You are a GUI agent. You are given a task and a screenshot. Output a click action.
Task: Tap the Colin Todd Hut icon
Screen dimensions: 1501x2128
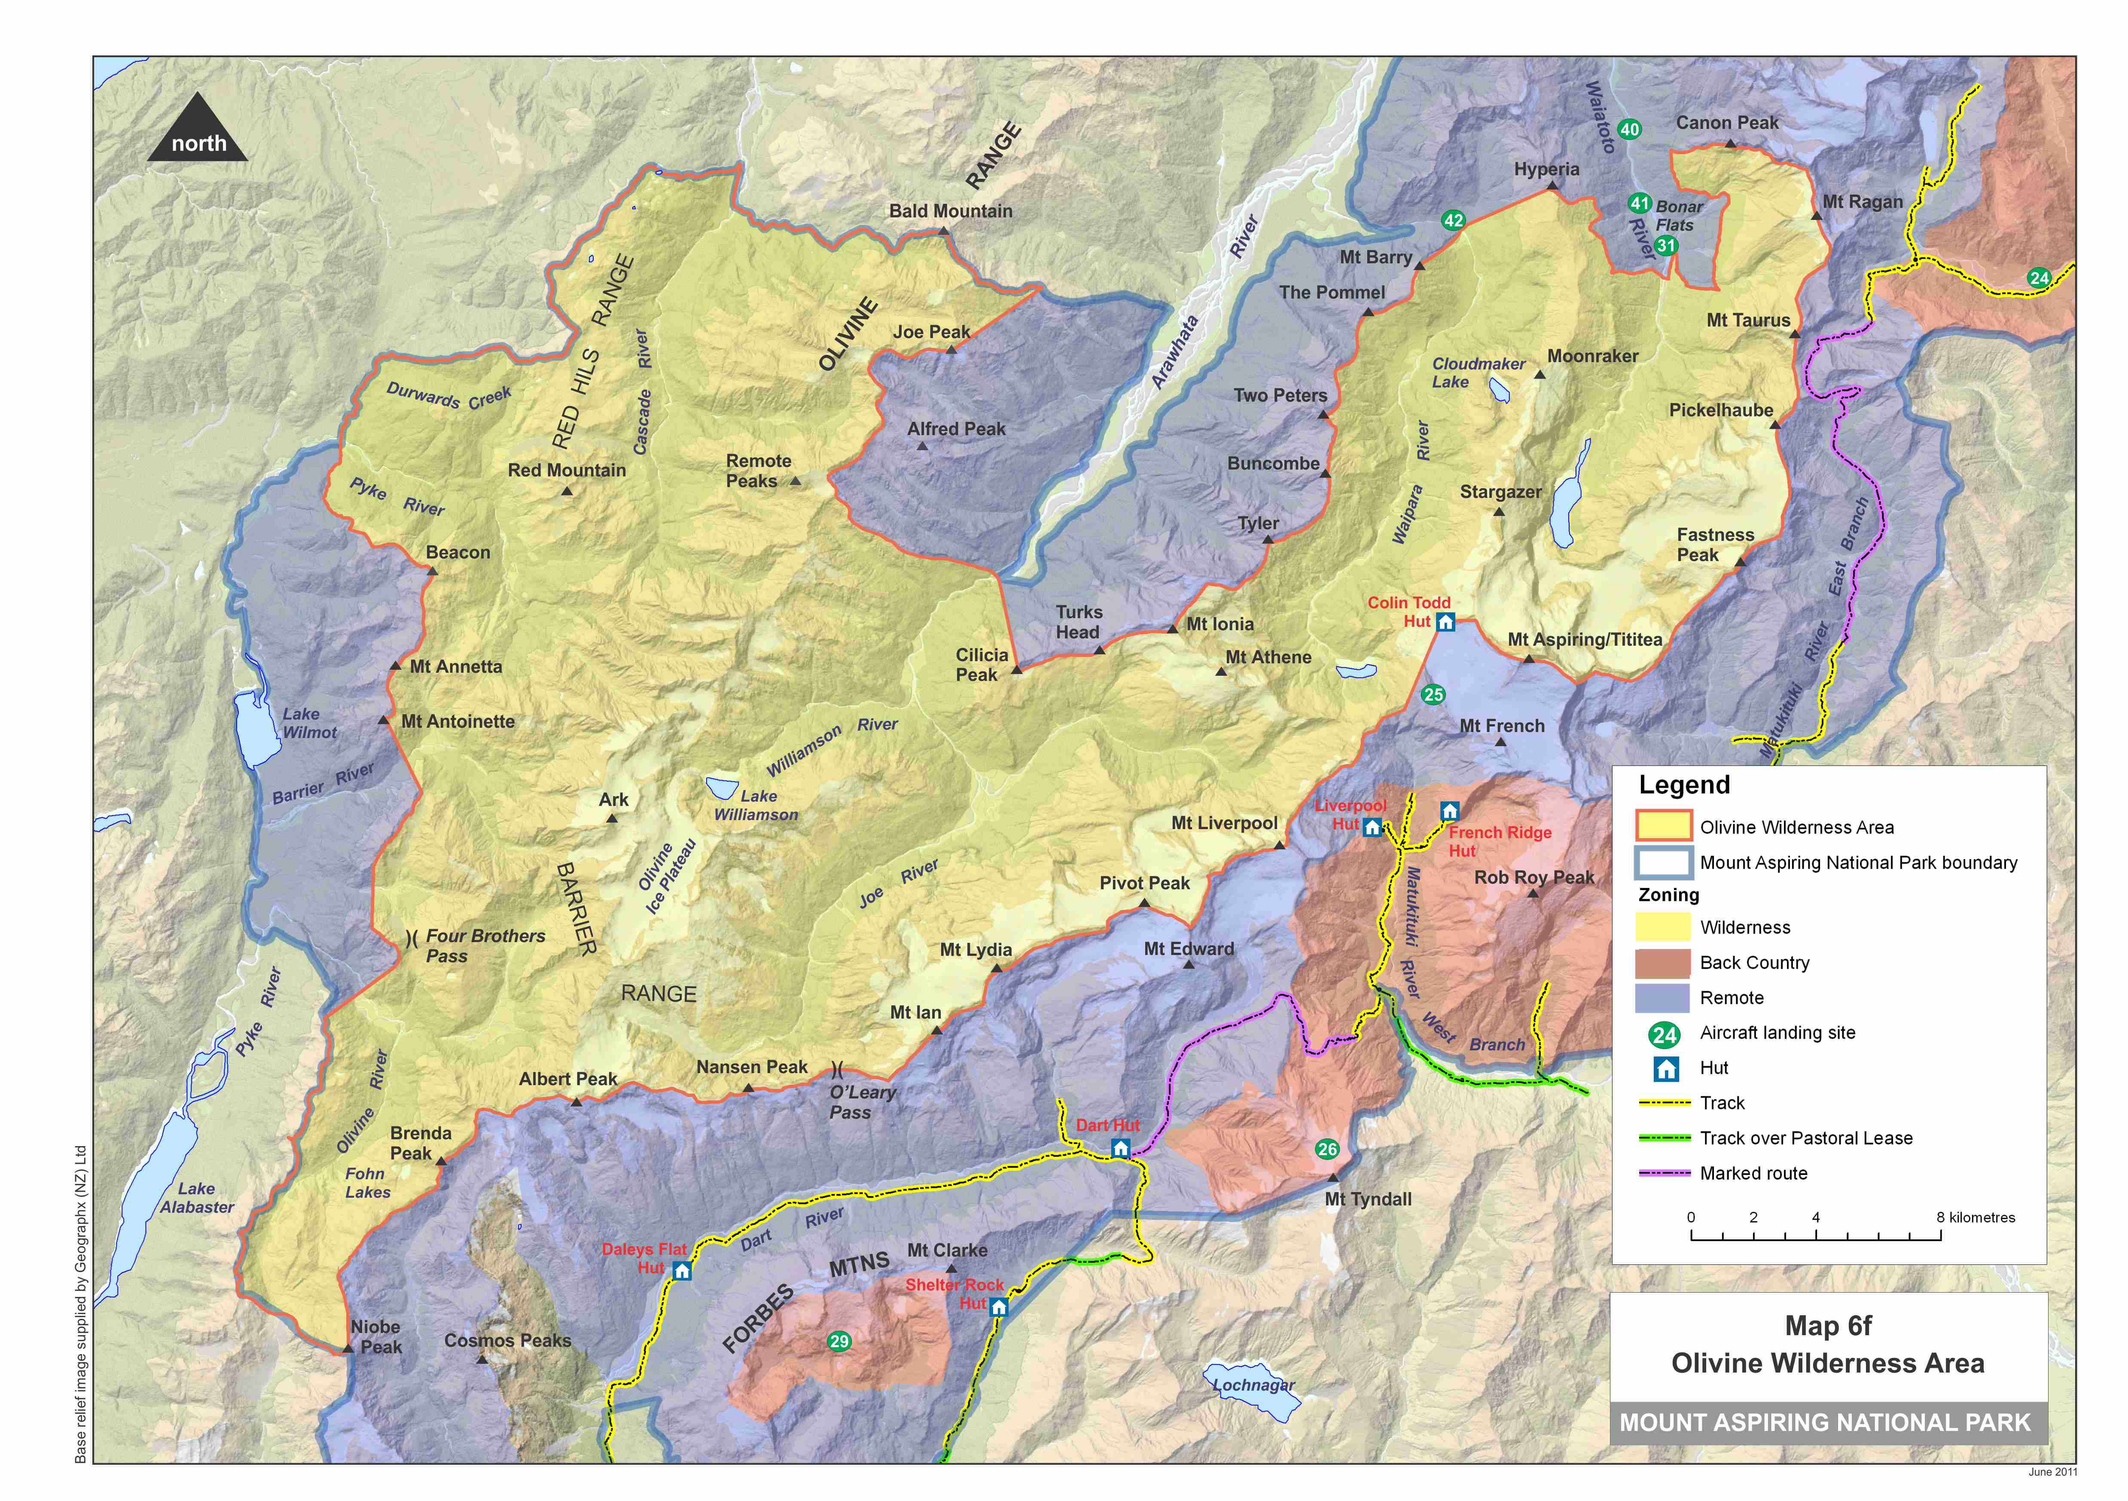pos(1445,622)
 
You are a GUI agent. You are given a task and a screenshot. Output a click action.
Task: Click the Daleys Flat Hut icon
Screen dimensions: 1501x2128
pos(682,1270)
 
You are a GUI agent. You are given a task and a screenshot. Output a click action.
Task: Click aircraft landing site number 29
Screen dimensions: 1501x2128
pos(839,1342)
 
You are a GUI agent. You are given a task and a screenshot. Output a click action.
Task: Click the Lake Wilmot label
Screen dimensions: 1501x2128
pos(310,723)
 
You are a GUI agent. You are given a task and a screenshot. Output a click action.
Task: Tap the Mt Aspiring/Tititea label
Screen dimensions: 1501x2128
pos(1585,640)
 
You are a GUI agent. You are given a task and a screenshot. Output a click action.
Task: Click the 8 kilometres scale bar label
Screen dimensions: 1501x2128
pos(1975,1217)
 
